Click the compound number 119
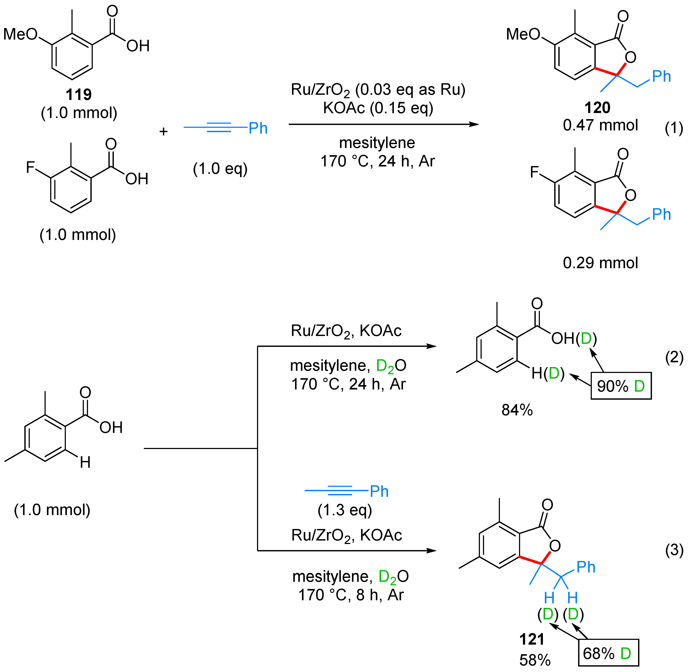pyautogui.click(x=79, y=95)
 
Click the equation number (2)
pyautogui.click(x=674, y=358)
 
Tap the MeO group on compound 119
pyautogui.click(x=20, y=34)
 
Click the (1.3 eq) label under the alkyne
pyautogui.click(x=345, y=510)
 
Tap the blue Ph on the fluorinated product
pyautogui.click(x=661, y=214)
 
